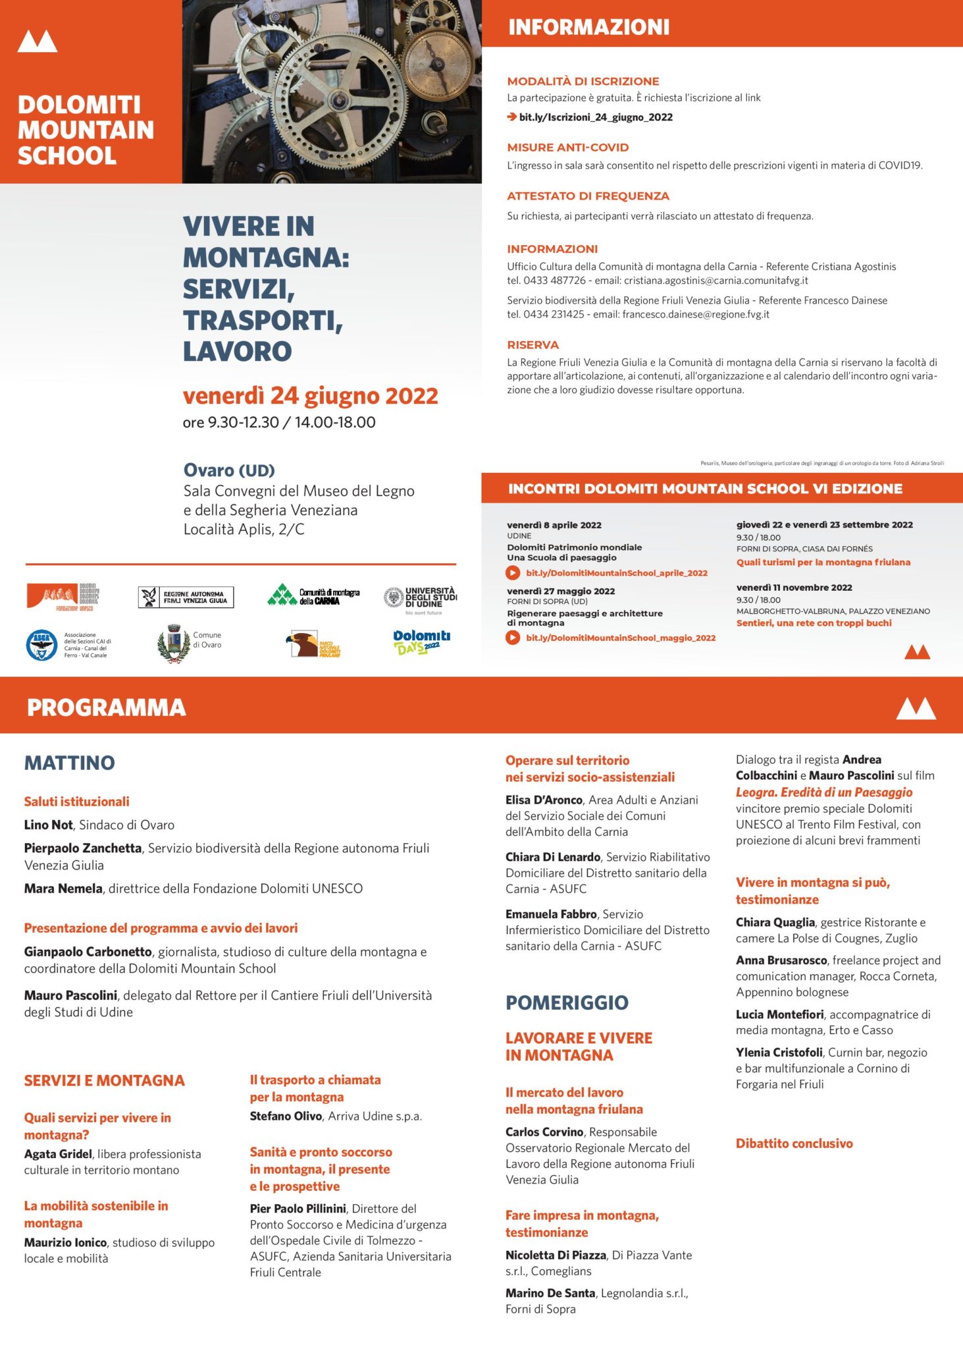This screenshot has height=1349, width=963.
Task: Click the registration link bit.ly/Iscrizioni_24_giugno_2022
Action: pos(595,117)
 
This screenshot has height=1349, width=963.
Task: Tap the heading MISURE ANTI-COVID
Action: pos(567,148)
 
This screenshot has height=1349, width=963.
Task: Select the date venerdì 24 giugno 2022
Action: pos(310,396)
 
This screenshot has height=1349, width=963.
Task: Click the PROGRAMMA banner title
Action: pos(106,707)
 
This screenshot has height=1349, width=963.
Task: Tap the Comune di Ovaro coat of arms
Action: pos(173,644)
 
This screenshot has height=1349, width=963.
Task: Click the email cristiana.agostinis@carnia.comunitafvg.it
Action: pos(716,281)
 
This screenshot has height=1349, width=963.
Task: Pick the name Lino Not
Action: pos(48,825)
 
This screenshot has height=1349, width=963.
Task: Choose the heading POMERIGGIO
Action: pos(567,1003)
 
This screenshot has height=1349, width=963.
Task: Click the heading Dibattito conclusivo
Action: pos(794,1143)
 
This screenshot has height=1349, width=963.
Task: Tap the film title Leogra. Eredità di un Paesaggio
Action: pos(823,792)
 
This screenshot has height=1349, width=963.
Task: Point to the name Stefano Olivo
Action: pos(286,1116)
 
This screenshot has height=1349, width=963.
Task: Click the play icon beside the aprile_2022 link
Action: pos(513,573)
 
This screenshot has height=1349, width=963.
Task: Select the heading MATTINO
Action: pos(69,763)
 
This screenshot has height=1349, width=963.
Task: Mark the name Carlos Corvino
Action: pos(544,1132)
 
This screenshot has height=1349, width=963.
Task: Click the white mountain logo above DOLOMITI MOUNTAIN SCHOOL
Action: pos(38,41)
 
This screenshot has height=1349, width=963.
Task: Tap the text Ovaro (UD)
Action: pos(228,470)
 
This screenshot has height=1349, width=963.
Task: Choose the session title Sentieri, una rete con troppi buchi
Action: pos(814,623)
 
